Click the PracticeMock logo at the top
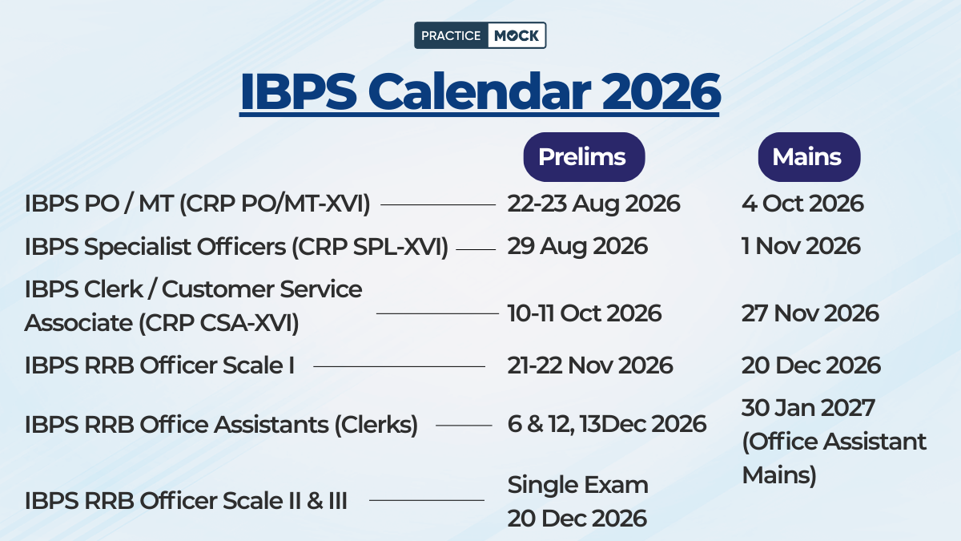(480, 35)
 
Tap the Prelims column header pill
(584, 157)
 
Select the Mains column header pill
(808, 157)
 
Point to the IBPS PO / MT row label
(197, 204)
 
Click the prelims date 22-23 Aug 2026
(593, 204)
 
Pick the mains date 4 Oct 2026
(802, 204)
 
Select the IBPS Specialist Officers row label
(236, 247)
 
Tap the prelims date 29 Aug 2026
(577, 246)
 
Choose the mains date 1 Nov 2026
(801, 246)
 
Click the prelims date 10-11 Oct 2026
(585, 313)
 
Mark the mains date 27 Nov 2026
(810, 313)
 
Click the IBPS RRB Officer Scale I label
(159, 365)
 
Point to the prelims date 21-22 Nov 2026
(590, 365)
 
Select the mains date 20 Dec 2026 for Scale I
(810, 365)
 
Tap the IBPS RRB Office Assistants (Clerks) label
(221, 425)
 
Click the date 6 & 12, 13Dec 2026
(607, 424)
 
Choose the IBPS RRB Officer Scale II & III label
(186, 501)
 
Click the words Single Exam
(577, 485)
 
